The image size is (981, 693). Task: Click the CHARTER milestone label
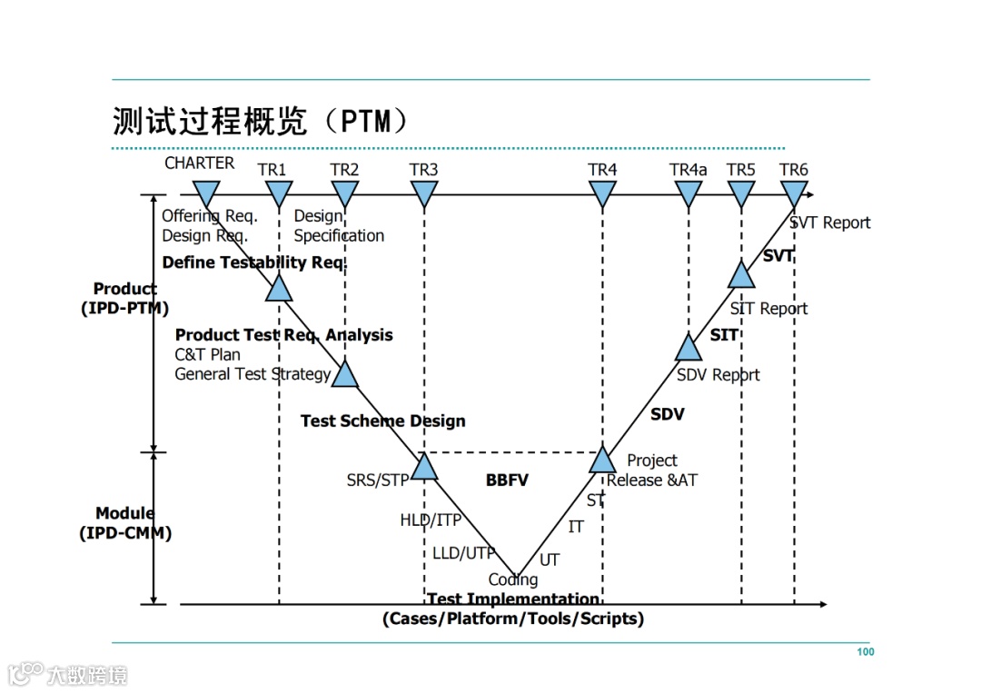(x=199, y=163)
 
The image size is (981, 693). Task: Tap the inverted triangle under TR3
(x=424, y=193)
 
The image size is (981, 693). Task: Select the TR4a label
(x=688, y=170)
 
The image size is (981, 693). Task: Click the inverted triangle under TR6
(x=794, y=193)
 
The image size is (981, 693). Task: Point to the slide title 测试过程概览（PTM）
(x=260, y=121)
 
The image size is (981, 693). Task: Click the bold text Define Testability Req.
(x=254, y=262)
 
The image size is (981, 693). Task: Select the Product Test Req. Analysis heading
(x=283, y=335)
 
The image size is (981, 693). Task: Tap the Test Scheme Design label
(x=382, y=421)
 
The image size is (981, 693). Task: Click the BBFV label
(x=507, y=480)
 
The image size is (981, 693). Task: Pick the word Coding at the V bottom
(x=513, y=579)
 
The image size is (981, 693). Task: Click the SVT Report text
(x=829, y=223)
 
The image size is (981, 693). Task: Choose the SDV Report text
(x=718, y=375)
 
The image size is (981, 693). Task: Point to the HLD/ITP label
(x=431, y=520)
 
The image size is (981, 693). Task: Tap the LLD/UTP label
(x=463, y=553)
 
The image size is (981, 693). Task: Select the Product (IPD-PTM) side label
(x=124, y=299)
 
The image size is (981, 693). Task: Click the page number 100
(x=865, y=652)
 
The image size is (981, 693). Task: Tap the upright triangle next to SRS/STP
(x=424, y=467)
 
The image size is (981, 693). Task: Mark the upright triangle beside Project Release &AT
(x=602, y=460)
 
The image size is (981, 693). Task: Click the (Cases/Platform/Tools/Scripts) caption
(x=512, y=619)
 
